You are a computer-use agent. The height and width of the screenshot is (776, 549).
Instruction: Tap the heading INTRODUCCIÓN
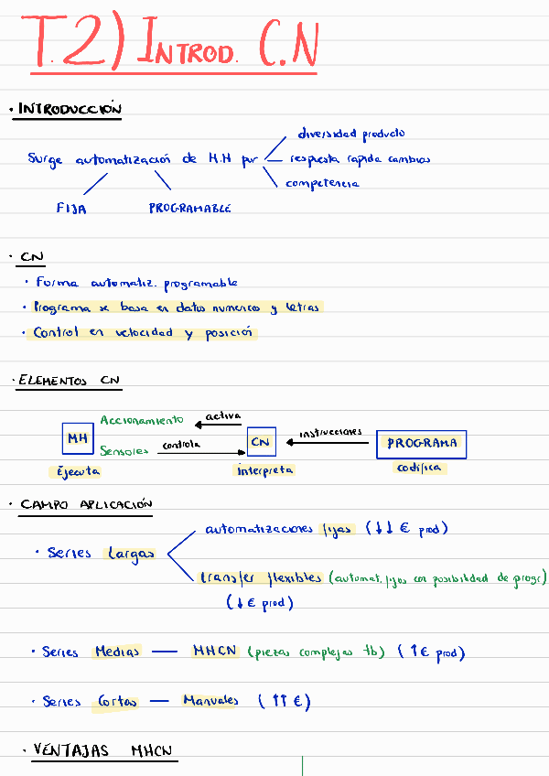[x=70, y=110]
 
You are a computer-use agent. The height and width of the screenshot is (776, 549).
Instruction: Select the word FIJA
[x=71, y=208]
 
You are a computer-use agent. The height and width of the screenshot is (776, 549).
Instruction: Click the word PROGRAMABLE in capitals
[x=189, y=208]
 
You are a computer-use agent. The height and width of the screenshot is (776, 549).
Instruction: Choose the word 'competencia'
[x=322, y=183]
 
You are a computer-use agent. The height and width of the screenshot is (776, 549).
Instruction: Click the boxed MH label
[x=76, y=439]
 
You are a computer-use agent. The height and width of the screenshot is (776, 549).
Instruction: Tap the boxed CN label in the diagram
[x=261, y=443]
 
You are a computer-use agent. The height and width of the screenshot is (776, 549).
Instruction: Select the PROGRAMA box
[x=421, y=444]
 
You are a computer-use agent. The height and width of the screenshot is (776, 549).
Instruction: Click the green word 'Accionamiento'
[x=141, y=420]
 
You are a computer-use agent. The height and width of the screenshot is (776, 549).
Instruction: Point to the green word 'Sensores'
[x=124, y=450]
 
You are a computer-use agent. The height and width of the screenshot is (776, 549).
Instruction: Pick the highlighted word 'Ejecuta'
[x=74, y=472]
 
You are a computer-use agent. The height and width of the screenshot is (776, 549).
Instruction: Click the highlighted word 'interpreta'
[x=265, y=470]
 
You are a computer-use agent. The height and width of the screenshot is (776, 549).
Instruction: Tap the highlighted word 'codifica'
[x=419, y=468]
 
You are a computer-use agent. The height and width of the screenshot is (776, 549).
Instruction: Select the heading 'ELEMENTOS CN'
[x=70, y=381]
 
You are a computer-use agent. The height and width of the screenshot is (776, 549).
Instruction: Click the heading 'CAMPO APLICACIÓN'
[x=86, y=504]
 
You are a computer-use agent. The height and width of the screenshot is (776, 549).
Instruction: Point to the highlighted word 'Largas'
[x=129, y=554]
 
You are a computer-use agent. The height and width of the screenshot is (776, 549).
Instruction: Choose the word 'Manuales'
[x=210, y=701]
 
